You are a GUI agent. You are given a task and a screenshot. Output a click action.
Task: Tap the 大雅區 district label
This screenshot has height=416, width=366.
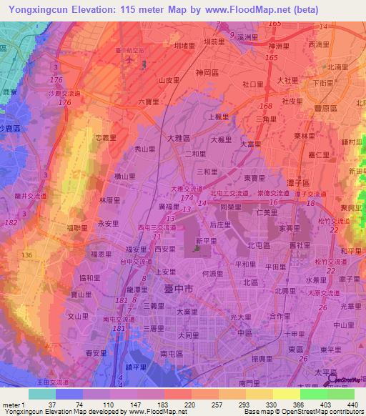coord(179,138)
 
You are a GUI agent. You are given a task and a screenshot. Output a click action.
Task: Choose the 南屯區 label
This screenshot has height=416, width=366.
coord(172,353)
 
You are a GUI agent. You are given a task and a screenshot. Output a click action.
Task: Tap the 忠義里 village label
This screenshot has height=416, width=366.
coord(106,139)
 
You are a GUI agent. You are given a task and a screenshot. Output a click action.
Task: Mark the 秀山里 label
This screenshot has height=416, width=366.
coord(145,149)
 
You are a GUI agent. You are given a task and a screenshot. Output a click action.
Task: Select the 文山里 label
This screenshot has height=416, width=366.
coord(77,315)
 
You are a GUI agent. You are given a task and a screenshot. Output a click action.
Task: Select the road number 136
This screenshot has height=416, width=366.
coord(27,255)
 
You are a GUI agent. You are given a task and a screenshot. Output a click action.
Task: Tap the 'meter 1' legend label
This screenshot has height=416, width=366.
coord(12,405)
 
